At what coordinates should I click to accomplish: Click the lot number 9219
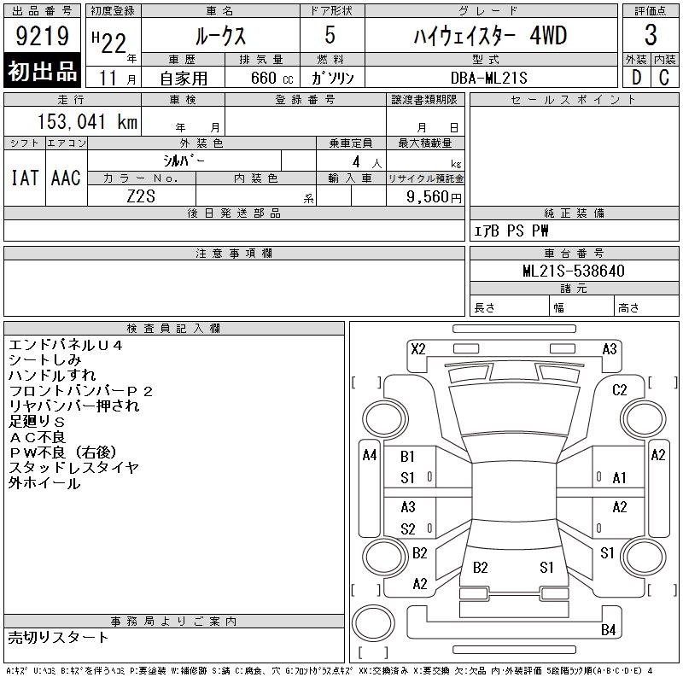(x=42, y=35)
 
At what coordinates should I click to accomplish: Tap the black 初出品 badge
(x=42, y=71)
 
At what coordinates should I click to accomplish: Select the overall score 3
(x=651, y=35)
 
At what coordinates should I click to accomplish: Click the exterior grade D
(x=636, y=78)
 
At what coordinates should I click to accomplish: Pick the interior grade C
(x=664, y=78)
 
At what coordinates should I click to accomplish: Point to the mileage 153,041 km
(x=87, y=121)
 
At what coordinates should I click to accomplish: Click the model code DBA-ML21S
(x=488, y=78)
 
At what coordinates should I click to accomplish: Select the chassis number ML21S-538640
(x=573, y=271)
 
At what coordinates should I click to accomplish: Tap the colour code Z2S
(x=141, y=196)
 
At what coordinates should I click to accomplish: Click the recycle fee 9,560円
(x=434, y=197)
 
